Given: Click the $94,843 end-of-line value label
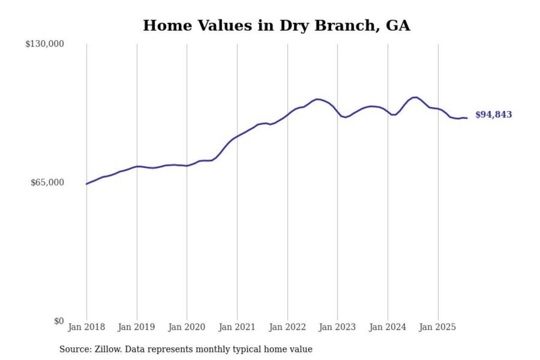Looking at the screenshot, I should (493, 114).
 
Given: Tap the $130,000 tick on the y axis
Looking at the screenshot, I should (45, 44).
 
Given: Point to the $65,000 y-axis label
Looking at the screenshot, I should (47, 183).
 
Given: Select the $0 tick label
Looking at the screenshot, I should (59, 321).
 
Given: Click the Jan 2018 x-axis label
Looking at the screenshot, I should (86, 327).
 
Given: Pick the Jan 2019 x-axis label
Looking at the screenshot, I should (136, 327).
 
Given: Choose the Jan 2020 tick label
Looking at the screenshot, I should (186, 327).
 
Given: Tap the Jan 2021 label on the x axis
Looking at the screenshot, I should (237, 327).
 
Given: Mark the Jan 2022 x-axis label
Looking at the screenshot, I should (287, 327).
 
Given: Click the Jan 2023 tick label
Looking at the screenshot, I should (337, 327).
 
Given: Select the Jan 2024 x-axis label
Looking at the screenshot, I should (387, 327).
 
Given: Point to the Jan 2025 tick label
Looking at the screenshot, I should (437, 327).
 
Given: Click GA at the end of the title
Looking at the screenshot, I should (398, 25).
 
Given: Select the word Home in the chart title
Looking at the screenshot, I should (168, 25).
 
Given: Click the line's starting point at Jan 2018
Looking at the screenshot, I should (87, 184).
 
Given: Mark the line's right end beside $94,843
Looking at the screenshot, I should (467, 118).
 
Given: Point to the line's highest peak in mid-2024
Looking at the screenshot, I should (415, 97).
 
